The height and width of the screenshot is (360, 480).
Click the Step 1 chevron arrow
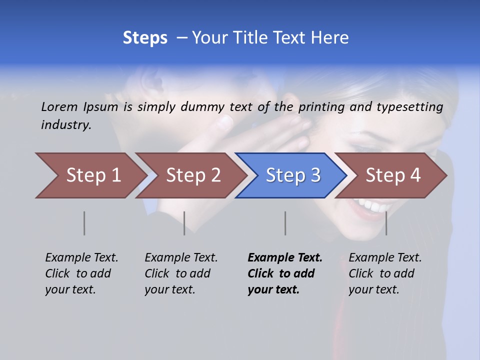(x=90, y=175)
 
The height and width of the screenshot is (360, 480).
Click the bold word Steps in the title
(x=145, y=38)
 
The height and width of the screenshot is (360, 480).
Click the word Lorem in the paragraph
(x=59, y=106)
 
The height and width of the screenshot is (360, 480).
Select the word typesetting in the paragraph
(x=409, y=107)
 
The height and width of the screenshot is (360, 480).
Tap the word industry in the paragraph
(x=66, y=125)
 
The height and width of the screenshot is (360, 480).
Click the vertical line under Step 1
(x=84, y=223)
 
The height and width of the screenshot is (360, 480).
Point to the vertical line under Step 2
(x=184, y=223)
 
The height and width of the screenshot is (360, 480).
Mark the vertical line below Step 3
(x=285, y=223)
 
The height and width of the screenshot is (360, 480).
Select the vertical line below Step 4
(x=386, y=223)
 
